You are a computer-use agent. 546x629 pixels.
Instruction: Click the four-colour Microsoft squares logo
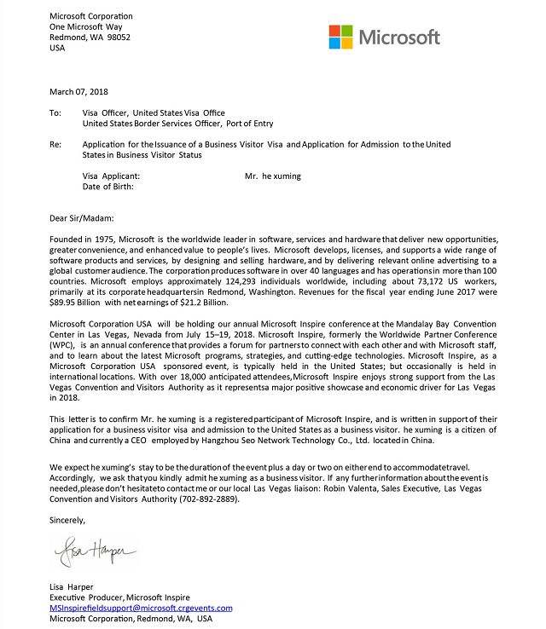(x=340, y=37)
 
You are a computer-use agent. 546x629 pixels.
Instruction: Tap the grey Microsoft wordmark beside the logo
(x=399, y=38)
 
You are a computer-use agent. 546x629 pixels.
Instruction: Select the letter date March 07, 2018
(x=79, y=91)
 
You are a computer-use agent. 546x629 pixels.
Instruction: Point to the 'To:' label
(x=55, y=113)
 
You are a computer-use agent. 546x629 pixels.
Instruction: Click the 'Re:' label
(x=55, y=145)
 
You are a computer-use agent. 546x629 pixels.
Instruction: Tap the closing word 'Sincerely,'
(x=68, y=519)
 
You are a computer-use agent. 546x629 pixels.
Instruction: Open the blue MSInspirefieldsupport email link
(x=141, y=608)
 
